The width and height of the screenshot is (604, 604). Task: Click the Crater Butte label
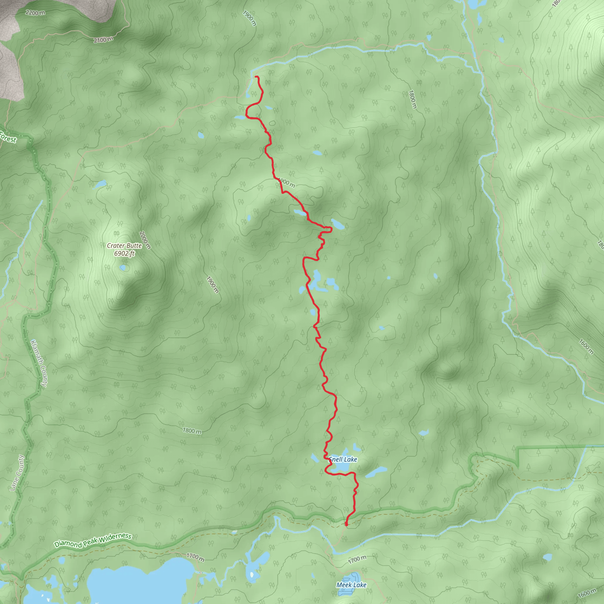(x=124, y=246)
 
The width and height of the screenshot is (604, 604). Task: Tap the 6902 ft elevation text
(x=124, y=253)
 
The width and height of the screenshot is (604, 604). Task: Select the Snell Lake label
(x=343, y=459)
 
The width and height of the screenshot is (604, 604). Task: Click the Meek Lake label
(x=351, y=585)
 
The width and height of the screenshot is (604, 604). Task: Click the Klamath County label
(x=39, y=363)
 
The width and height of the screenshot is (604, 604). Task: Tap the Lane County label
(x=17, y=473)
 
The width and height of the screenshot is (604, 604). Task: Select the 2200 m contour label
(x=35, y=13)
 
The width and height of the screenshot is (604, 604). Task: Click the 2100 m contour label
(x=103, y=40)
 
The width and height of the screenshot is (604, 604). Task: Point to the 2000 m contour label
(x=145, y=240)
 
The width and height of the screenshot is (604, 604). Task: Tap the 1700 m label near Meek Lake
(x=357, y=559)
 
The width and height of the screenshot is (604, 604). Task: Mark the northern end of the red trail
(x=256, y=77)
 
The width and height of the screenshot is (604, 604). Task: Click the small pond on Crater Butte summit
(x=123, y=268)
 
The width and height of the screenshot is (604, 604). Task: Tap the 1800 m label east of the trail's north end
(x=412, y=99)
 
